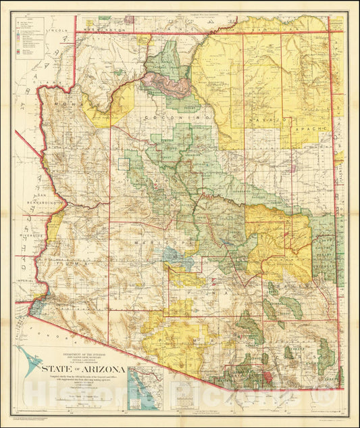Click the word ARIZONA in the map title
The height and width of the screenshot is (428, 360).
(x=99, y=368)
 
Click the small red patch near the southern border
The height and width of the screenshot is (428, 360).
(x=274, y=374)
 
